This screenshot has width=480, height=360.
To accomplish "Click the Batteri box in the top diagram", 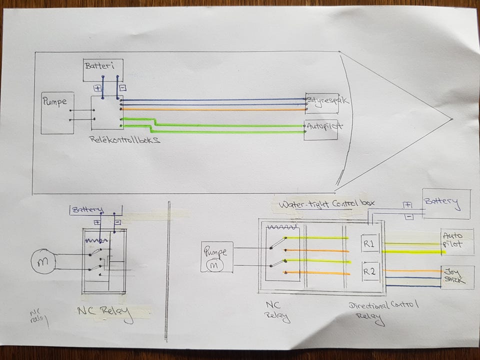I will (x=103, y=69).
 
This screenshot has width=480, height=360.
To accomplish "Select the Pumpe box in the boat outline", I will (x=57, y=112).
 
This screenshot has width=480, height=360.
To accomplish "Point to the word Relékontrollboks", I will (x=125, y=141).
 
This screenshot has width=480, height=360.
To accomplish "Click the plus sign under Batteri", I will (x=97, y=88).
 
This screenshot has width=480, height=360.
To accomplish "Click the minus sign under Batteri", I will (x=123, y=88).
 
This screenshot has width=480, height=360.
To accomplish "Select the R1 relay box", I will (x=371, y=244).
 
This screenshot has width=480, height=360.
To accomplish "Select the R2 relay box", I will (x=371, y=271).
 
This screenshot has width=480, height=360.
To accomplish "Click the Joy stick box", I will (x=457, y=276).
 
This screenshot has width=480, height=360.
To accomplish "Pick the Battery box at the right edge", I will (x=446, y=203).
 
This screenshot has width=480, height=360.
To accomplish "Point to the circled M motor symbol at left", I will (x=41, y=261).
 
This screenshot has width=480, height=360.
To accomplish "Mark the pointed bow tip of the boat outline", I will (x=451, y=119).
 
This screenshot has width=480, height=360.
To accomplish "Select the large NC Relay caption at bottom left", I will (x=105, y=312).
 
